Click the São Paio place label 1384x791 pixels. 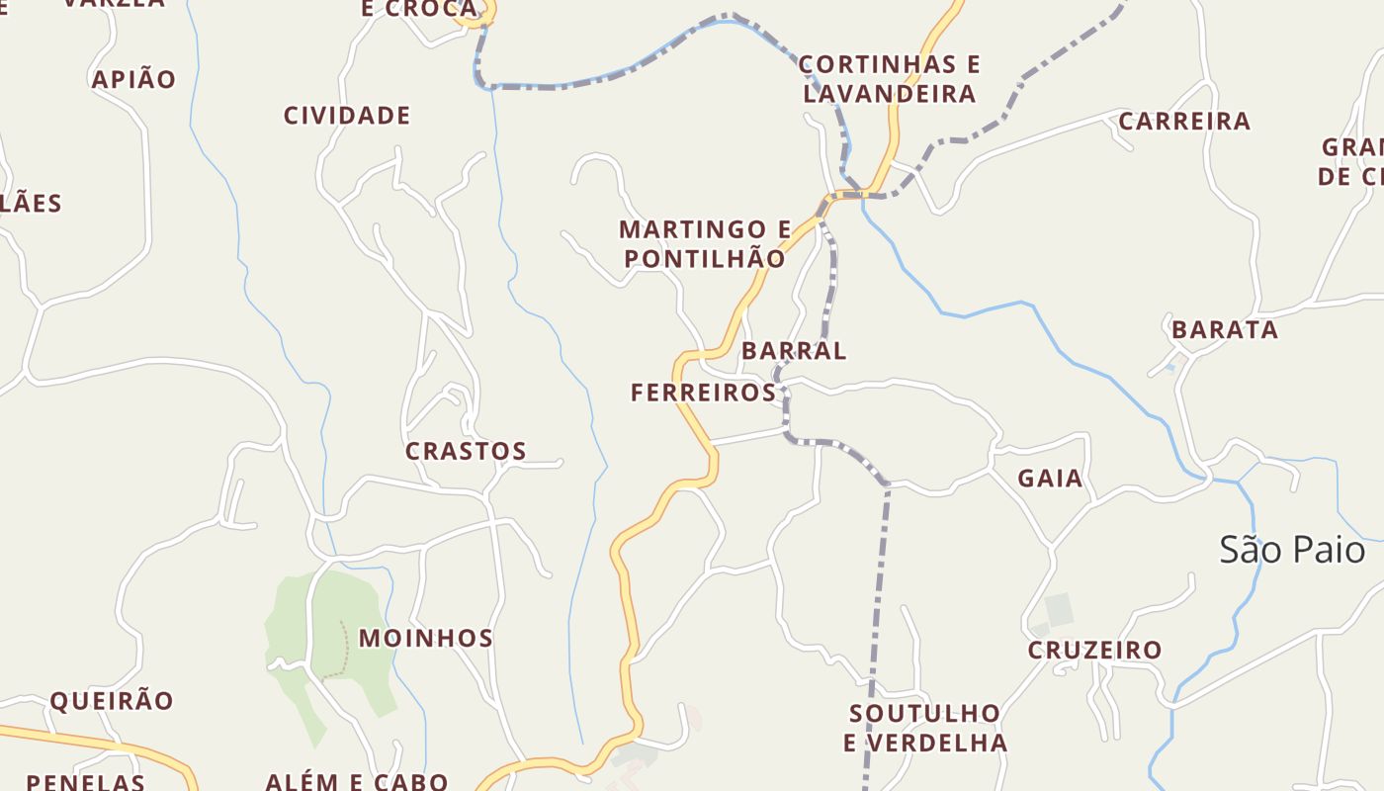point(1291,550)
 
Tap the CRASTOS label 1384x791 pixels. point(466,451)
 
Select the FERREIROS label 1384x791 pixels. point(704,393)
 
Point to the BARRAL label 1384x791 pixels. point(794,351)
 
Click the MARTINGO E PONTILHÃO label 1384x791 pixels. point(705,244)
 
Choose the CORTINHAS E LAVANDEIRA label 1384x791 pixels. point(889,79)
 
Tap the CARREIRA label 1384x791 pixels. point(1184,122)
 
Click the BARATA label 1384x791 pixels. point(1225,330)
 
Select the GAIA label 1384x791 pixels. point(1051,479)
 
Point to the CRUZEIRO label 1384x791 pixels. point(1094,651)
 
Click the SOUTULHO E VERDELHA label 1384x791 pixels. point(925,728)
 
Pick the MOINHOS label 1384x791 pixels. point(426,639)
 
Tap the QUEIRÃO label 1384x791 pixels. point(112,701)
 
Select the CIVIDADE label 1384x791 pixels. point(347,116)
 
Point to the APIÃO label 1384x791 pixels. point(133,79)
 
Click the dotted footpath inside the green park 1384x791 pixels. point(345,648)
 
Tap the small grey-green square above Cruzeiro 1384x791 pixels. point(1059,609)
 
